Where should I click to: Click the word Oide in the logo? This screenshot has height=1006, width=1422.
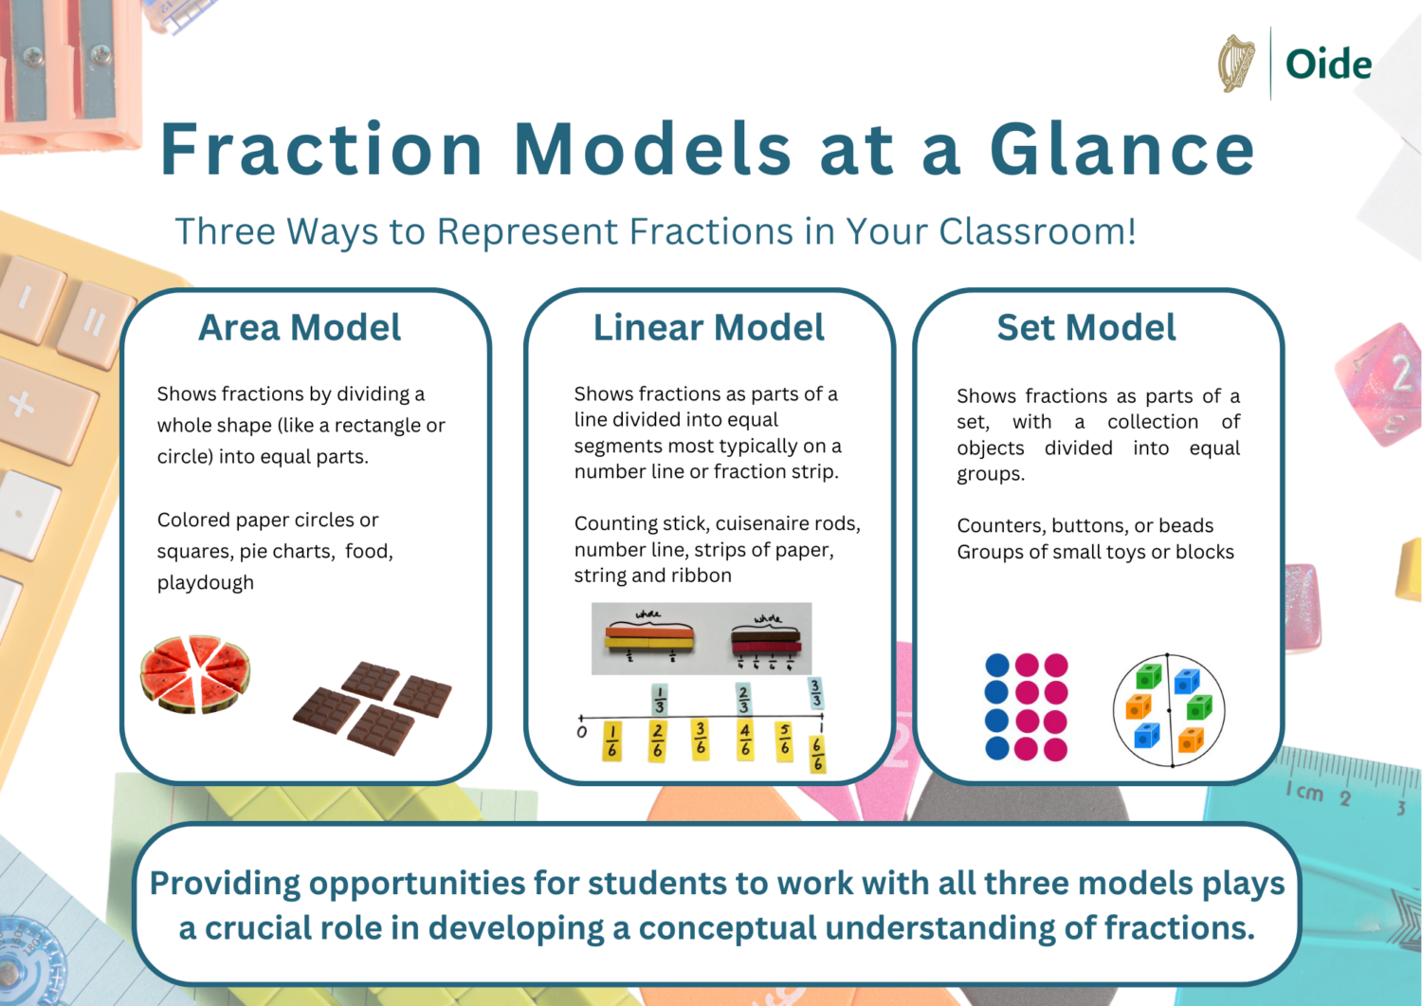[1328, 64]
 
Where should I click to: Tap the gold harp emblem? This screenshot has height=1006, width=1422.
[1236, 64]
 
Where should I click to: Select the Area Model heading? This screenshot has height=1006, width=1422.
[300, 328]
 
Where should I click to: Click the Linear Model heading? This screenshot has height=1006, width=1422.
[708, 328]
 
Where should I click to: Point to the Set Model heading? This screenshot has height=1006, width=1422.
[1085, 328]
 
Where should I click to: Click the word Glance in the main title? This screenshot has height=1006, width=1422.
[1122, 150]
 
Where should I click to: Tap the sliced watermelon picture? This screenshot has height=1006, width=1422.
[195, 673]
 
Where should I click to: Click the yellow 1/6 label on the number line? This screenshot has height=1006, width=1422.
[612, 741]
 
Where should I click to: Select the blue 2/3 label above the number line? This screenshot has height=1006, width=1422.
[743, 699]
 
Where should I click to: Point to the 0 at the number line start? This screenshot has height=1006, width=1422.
[582, 732]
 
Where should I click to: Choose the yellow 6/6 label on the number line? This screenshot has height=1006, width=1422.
[817, 755]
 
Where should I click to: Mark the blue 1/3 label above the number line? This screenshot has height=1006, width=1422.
[660, 699]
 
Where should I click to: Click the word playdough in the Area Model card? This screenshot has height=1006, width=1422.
[206, 583]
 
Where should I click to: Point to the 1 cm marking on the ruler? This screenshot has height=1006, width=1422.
[1304, 792]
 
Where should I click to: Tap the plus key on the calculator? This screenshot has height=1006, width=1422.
[21, 406]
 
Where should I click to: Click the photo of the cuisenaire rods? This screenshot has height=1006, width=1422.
[702, 638]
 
